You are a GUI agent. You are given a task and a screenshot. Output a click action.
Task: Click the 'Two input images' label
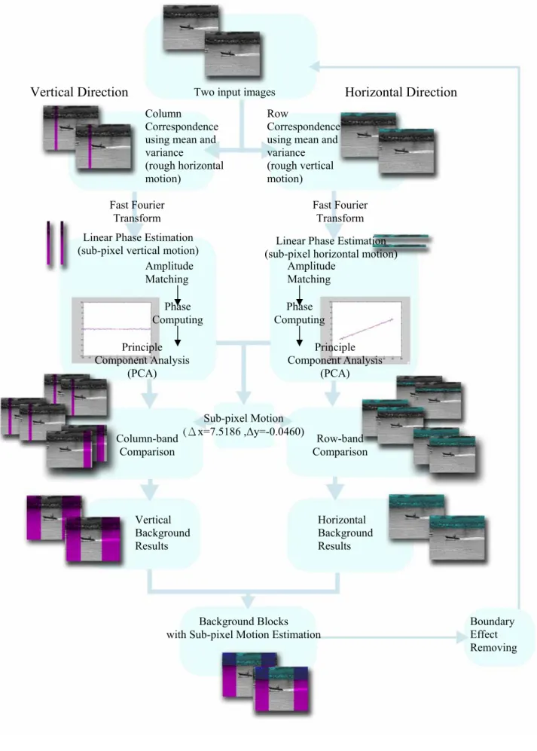234,92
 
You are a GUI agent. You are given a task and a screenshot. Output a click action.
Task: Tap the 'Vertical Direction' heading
80,92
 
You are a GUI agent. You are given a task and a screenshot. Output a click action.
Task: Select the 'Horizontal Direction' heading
401,92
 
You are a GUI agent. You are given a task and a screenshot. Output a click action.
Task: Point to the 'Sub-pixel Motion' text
243,418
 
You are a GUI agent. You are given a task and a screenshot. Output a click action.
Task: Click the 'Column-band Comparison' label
147,445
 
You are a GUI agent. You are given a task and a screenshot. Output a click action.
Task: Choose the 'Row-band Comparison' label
340,445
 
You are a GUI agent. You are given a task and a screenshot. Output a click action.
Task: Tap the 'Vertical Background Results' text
163,533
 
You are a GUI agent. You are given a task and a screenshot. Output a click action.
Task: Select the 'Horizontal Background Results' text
345,533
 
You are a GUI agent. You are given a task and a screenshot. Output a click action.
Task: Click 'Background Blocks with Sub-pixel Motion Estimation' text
243,628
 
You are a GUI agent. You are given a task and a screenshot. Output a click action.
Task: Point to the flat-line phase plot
116,329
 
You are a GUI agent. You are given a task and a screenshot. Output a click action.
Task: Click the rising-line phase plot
365,329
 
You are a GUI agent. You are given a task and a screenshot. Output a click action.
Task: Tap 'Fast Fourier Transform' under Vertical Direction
137,211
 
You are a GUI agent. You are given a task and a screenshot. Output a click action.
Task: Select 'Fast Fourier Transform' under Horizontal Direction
340,211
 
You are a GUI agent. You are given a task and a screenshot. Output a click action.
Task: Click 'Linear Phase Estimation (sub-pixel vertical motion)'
138,244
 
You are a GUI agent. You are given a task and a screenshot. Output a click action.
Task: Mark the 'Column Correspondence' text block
185,146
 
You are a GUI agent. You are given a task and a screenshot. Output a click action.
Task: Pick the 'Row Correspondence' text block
303,146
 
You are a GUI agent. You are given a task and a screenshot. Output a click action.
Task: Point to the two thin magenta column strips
56,243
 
